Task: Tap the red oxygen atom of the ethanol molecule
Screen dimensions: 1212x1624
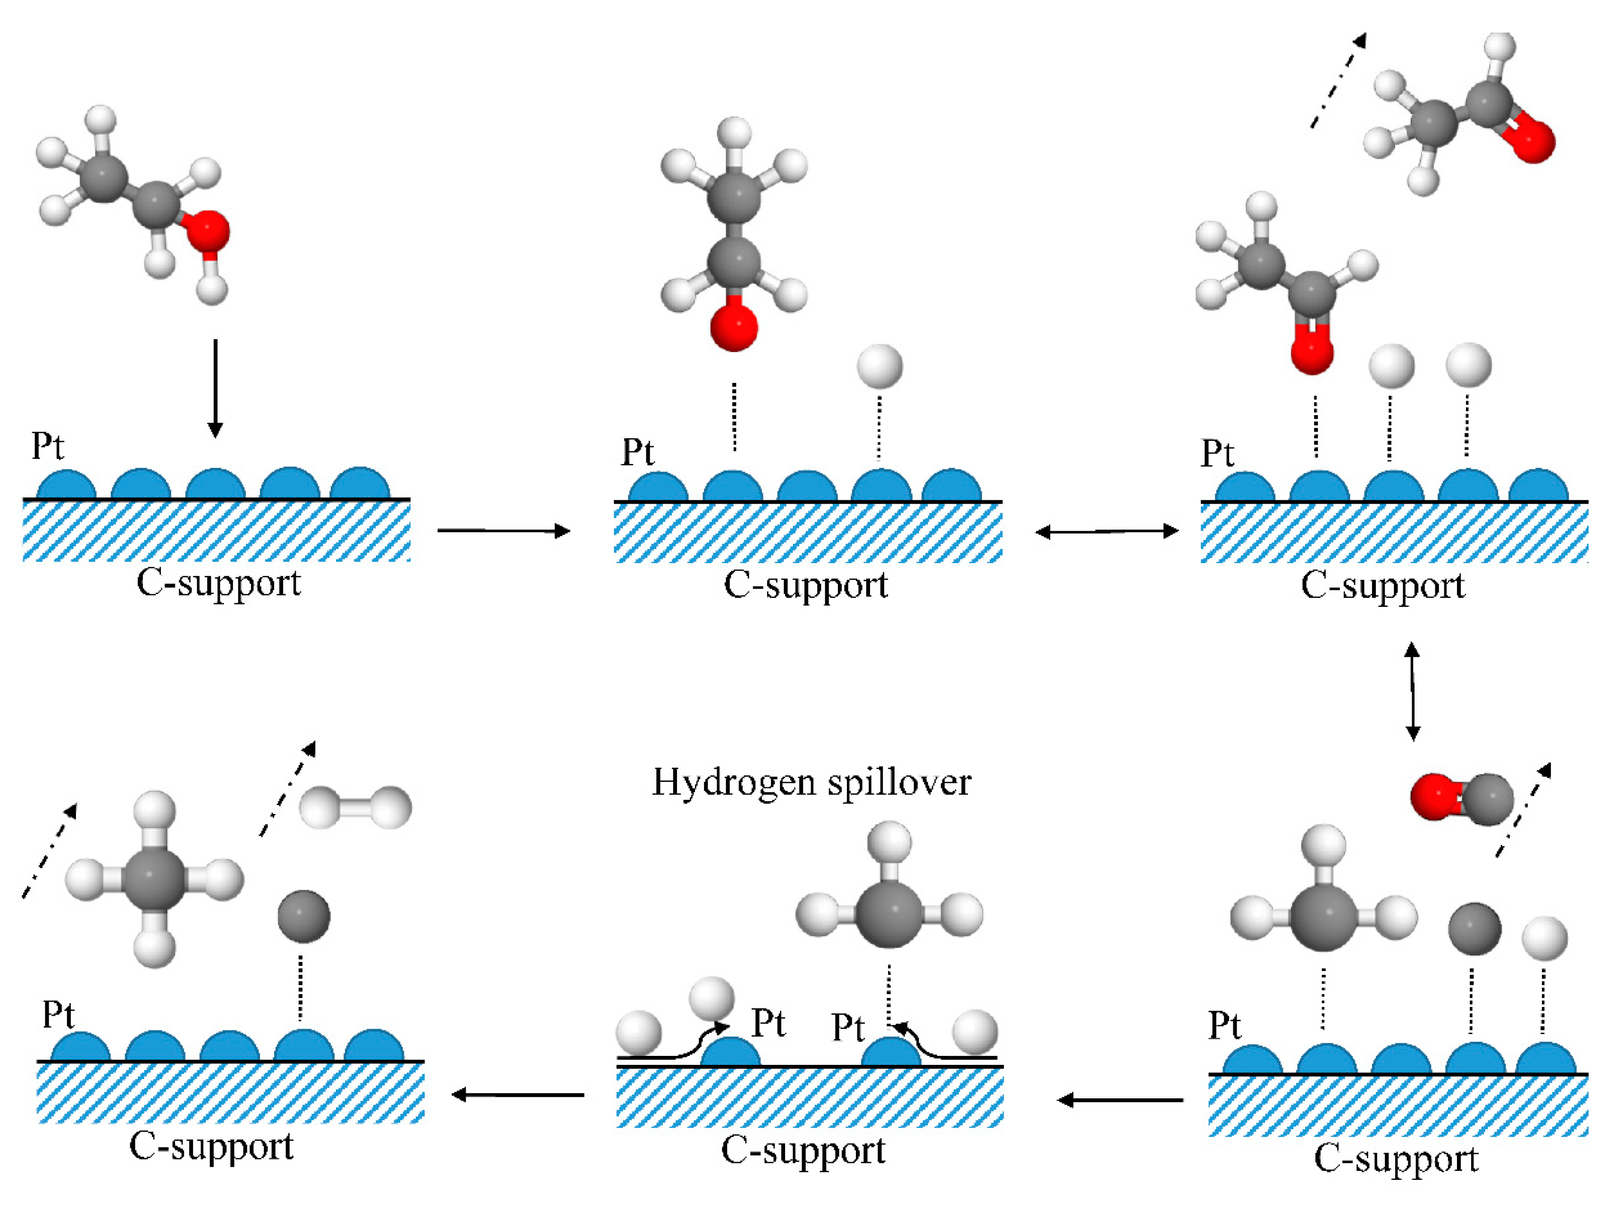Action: pos(208,231)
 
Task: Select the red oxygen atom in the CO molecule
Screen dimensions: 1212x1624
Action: pos(1431,797)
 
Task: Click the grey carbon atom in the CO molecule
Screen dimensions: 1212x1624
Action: pos(1486,800)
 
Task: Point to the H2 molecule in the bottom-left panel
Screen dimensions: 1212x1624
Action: pos(356,808)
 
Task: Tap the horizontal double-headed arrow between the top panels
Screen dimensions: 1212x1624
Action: pos(1106,531)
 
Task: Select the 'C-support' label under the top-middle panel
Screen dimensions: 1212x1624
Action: pos(806,585)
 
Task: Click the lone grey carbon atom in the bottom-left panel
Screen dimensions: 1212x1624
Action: pos(304,916)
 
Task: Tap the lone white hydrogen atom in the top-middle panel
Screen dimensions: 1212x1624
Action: pos(879,366)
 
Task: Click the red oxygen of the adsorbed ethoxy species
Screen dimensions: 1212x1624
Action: pos(733,327)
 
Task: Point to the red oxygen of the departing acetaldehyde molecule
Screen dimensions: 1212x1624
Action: pos(1532,140)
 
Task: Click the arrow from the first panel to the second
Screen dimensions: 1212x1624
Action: pos(503,530)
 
